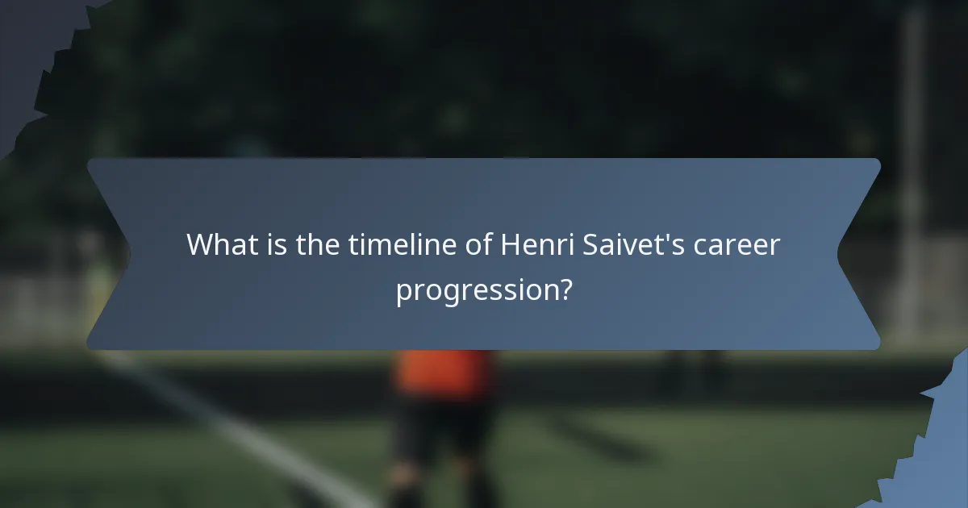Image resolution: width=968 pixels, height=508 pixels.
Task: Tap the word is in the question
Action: coord(275,244)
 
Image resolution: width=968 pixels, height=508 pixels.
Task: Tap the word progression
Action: coord(476,289)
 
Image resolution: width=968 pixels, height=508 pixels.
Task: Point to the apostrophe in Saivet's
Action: coord(667,235)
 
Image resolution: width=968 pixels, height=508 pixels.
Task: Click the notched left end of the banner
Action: coord(109,254)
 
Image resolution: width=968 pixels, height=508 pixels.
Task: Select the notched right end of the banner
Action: coord(859,254)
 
